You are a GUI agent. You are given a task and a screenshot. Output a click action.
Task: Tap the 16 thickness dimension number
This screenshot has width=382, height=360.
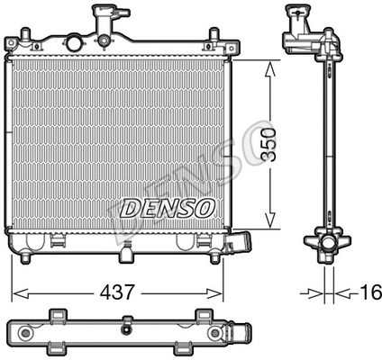[x=369, y=292]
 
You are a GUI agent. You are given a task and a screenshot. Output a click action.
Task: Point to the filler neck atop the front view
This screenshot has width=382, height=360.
[x=105, y=17]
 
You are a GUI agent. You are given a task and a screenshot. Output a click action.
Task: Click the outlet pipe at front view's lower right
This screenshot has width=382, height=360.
[x=241, y=243]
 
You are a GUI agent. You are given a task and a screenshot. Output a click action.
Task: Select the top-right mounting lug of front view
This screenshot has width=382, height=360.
[x=213, y=38]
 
